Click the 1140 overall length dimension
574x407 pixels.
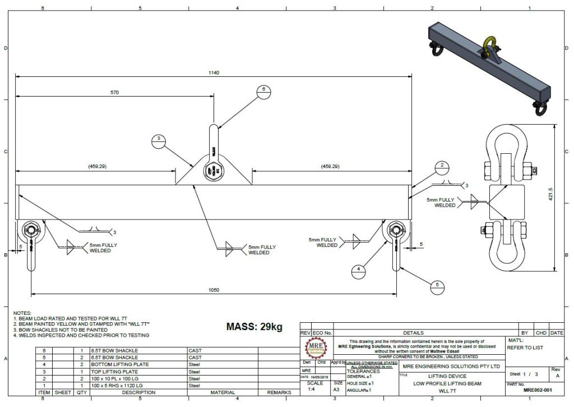[x=214, y=72]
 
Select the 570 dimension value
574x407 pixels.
[x=114, y=93]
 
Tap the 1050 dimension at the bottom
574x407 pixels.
[x=214, y=290]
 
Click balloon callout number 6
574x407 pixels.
[x=264, y=90]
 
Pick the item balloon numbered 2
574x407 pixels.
[x=442, y=166]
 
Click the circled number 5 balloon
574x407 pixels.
[x=437, y=285]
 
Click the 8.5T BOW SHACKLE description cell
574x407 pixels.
[x=114, y=350]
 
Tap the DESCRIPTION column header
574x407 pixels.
[x=138, y=392]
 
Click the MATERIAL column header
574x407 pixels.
[x=223, y=392]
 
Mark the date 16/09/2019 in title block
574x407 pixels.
[x=320, y=377]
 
